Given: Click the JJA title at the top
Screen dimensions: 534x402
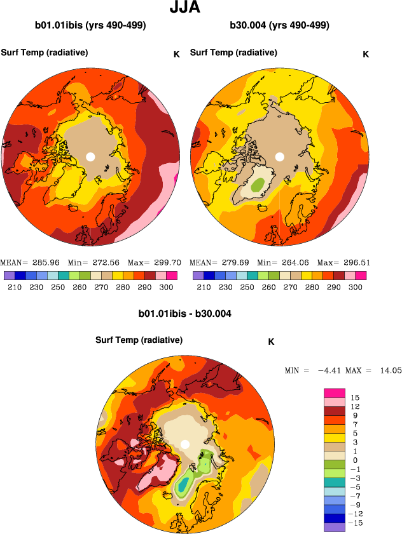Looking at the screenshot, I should pyautogui.click(x=185, y=8).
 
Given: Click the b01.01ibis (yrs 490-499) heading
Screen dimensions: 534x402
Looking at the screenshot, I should pyautogui.click(x=91, y=26).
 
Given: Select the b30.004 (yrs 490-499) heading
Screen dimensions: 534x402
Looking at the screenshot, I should pyautogui.click(x=279, y=26).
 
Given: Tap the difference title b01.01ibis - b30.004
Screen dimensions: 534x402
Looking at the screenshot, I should pyautogui.click(x=184, y=314).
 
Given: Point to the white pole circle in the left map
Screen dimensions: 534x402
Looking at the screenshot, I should pyautogui.click(x=90, y=156).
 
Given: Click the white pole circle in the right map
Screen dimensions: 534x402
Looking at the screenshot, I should pyautogui.click(x=279, y=156).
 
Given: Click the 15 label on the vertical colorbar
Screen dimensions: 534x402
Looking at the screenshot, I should pyautogui.click(x=355, y=397).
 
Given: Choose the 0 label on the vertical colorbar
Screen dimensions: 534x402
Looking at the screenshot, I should pyautogui.click(x=355, y=460).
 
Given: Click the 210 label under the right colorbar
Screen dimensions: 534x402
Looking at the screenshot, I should pyautogui.click(x=203, y=287).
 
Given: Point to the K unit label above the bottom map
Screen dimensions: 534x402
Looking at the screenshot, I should pyautogui.click(x=271, y=342).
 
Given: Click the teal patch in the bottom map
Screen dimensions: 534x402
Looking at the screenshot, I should pyautogui.click(x=183, y=486).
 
